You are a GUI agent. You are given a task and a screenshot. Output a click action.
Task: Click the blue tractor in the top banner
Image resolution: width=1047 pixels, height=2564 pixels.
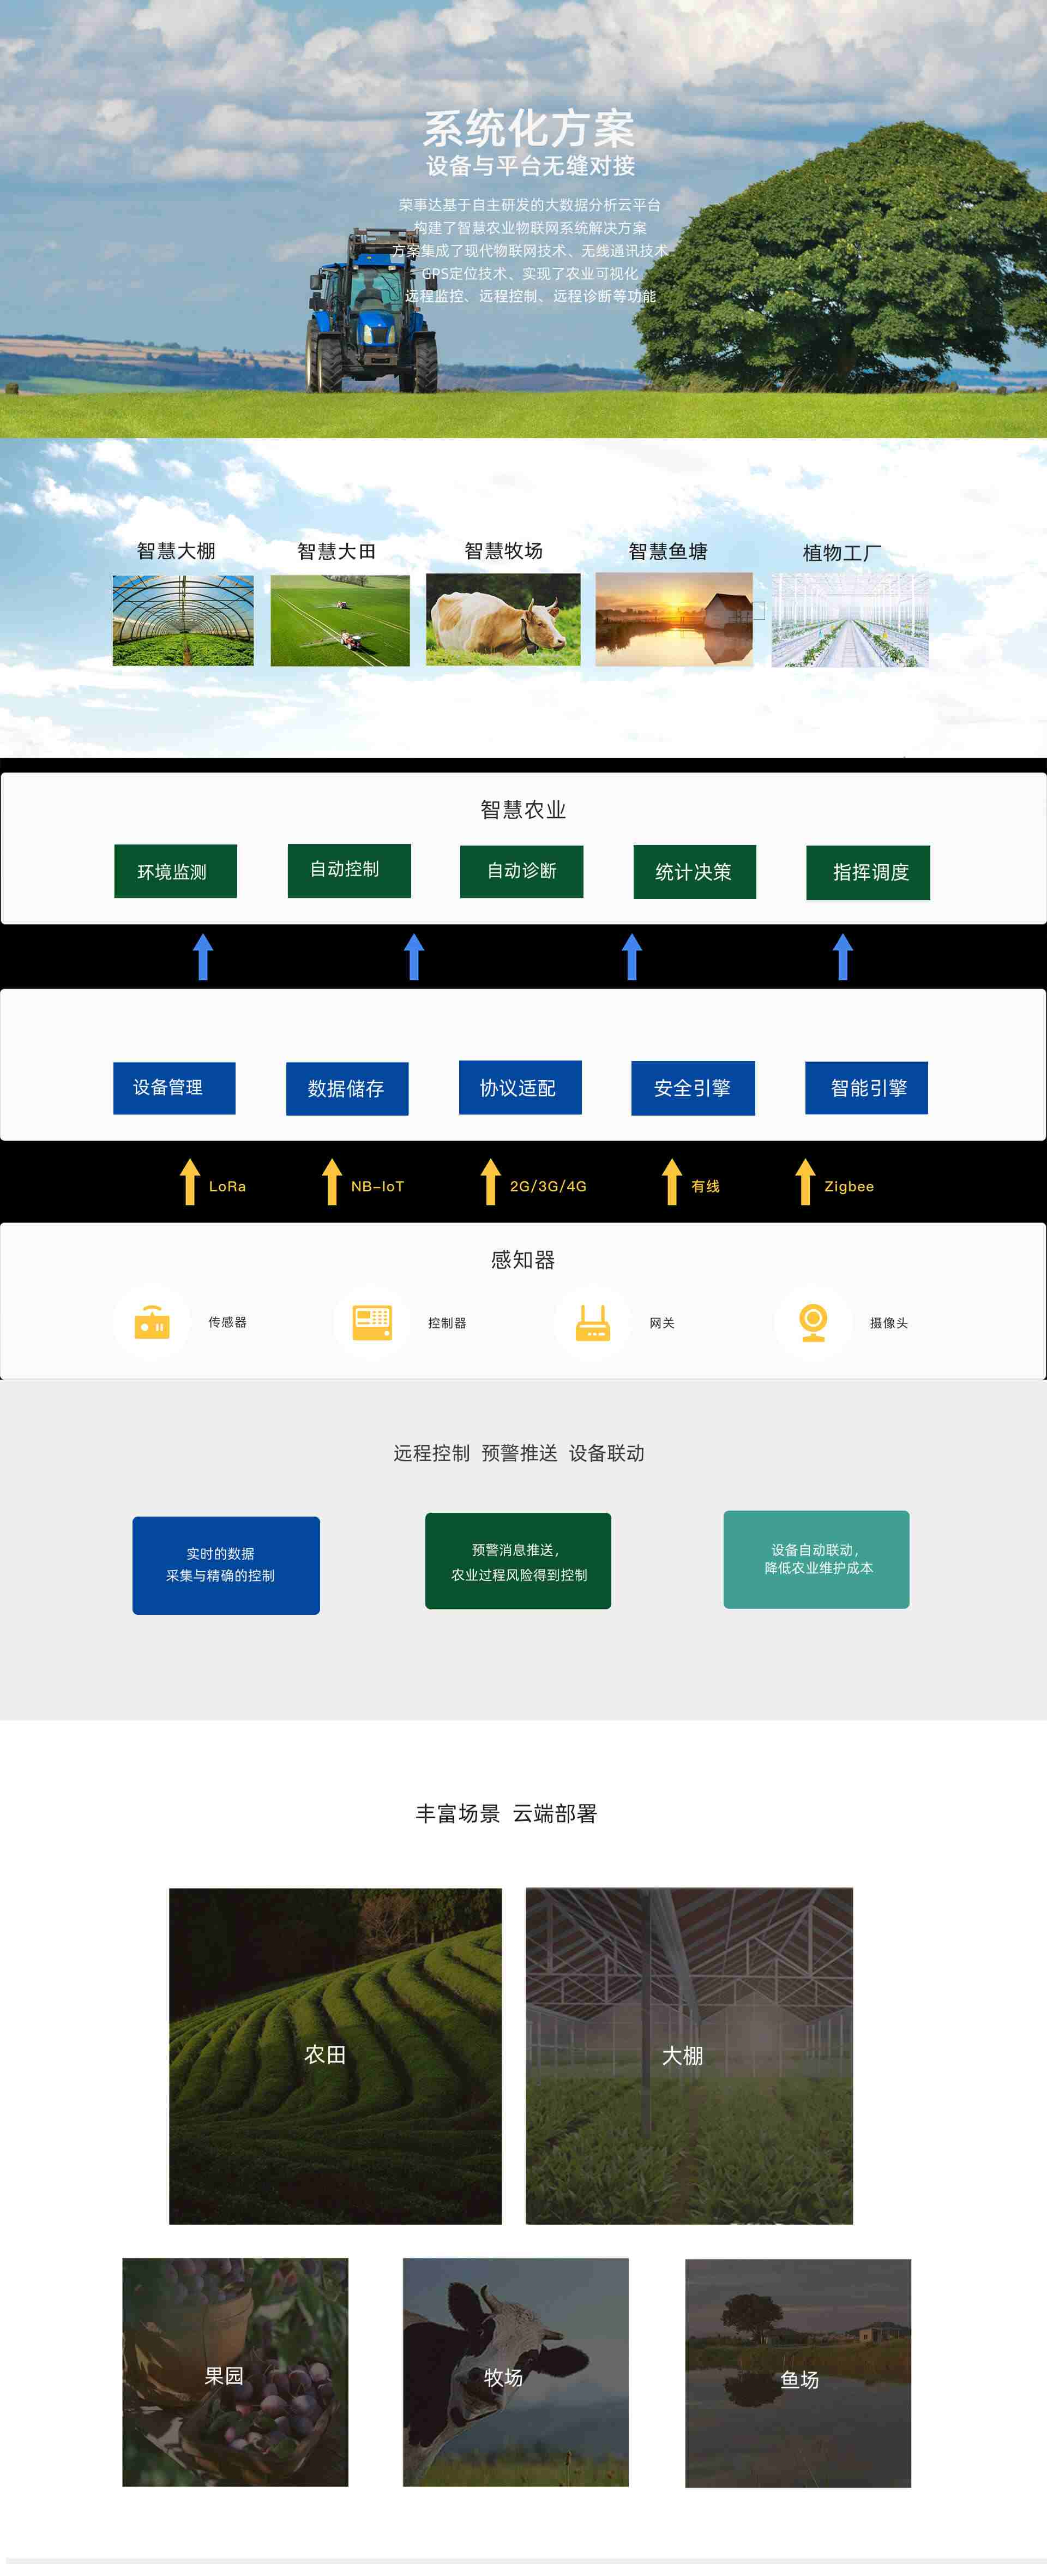[x=370, y=314]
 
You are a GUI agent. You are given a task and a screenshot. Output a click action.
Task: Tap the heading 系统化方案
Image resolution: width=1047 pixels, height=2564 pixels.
[x=528, y=128]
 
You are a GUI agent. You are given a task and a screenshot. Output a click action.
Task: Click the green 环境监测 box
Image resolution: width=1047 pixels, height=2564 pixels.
[x=175, y=871]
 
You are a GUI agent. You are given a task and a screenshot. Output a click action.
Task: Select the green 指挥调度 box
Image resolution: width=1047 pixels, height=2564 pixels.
[x=868, y=872]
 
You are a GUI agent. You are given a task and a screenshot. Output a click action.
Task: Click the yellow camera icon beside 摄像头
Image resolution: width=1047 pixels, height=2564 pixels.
[x=813, y=1322]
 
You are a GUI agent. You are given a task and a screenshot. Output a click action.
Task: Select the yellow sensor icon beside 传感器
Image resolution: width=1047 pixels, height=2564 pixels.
[x=152, y=1322]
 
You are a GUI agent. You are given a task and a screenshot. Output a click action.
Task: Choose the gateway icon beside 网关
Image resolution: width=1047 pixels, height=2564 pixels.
[x=592, y=1322]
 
